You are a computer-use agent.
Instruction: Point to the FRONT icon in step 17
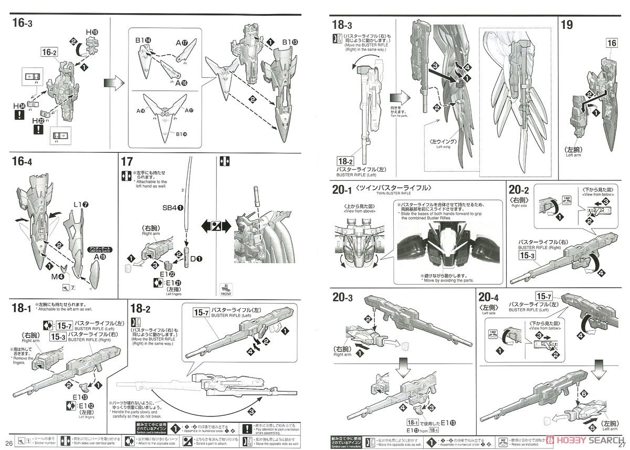tap(227, 286)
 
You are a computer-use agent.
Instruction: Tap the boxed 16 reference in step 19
tap(612, 44)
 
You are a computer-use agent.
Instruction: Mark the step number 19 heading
tap(567, 24)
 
